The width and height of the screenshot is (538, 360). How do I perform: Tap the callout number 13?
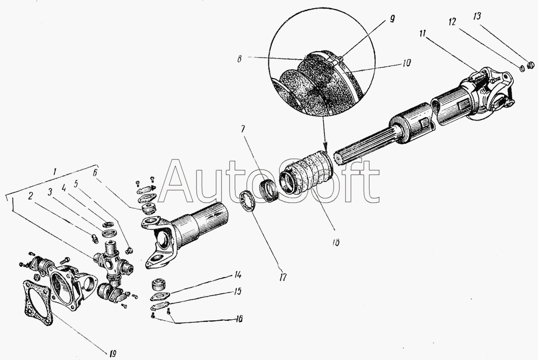pos(477,16)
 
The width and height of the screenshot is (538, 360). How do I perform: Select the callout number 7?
pos(243,129)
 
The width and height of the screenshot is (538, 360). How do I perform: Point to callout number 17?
pos(282,277)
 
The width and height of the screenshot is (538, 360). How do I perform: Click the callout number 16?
pos(239,319)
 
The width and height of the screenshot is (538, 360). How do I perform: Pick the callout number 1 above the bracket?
pos(54,172)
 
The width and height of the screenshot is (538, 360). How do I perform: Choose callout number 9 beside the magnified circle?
pos(392,18)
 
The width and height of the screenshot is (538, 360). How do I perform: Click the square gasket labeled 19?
pos(38,302)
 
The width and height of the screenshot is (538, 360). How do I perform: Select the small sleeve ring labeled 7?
pos(270,190)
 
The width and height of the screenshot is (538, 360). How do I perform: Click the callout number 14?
pos(237,275)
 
